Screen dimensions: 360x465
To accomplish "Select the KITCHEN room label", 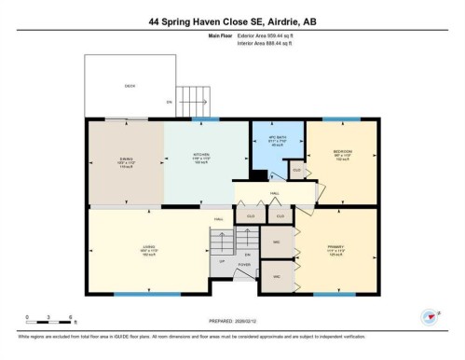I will [199, 157].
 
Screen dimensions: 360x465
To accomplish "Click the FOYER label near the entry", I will [245, 265].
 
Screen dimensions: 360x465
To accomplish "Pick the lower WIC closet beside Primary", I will [277, 277].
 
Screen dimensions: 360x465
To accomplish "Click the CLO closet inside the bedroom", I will [297, 171].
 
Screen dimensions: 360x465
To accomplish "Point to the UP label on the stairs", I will [222, 260].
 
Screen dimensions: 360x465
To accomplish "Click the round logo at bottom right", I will [431, 318].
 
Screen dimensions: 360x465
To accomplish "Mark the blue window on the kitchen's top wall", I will [198, 119].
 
